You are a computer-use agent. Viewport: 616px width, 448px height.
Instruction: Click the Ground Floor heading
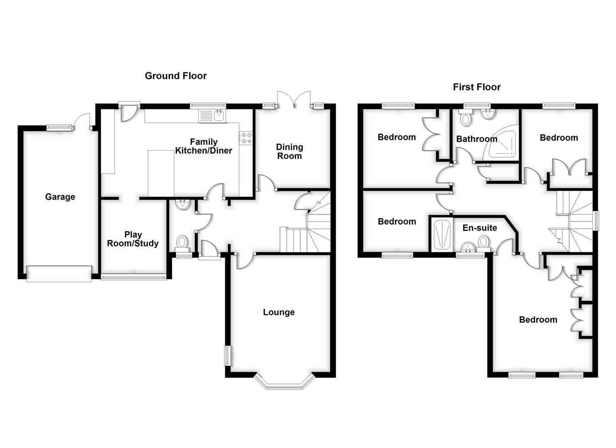175,75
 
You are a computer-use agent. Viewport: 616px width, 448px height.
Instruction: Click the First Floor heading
477,87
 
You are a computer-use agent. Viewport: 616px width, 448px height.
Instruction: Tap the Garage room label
60,197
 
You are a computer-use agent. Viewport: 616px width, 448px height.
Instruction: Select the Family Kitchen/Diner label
203,146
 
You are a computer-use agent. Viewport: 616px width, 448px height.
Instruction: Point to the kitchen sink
212,116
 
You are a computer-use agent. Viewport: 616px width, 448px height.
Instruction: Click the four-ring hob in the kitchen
246,138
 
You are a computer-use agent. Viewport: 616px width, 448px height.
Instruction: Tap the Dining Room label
290,151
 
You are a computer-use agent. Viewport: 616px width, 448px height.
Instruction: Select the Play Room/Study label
133,239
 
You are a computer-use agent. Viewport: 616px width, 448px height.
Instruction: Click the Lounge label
279,312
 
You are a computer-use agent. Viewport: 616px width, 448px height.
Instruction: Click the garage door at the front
59,274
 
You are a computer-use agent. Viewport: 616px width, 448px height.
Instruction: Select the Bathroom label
476,139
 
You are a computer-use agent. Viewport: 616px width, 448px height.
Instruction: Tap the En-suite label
480,228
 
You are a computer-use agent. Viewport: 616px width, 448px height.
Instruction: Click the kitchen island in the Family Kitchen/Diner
161,173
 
